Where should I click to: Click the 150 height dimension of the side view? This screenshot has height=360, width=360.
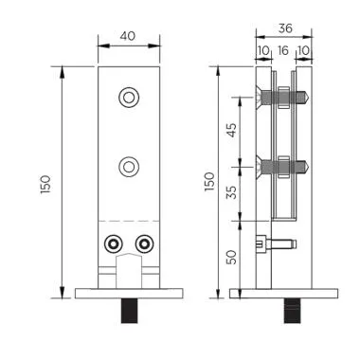point(210,180)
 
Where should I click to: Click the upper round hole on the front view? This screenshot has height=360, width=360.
point(128,98)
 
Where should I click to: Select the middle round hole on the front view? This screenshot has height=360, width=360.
point(128,167)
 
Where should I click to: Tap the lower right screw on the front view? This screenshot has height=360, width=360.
point(144,243)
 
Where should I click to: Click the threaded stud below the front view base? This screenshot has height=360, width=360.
point(128,310)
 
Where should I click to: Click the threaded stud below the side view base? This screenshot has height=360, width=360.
point(284,310)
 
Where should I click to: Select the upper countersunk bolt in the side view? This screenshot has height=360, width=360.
point(279,97)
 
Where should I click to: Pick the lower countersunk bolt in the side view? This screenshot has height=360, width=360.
point(279,167)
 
